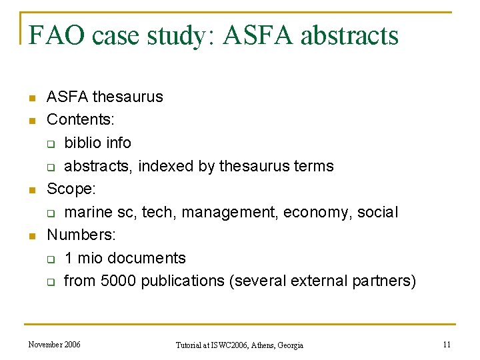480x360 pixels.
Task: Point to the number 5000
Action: (119, 281)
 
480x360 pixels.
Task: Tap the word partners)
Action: (385, 281)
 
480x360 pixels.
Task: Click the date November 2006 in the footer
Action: (54, 345)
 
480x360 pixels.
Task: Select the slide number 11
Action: (447, 345)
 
